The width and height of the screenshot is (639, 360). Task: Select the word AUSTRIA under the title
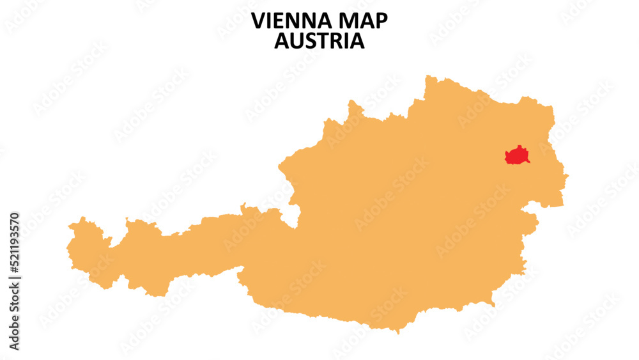pyautogui.click(x=319, y=41)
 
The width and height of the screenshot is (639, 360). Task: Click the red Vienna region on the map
pyautogui.click(x=517, y=155)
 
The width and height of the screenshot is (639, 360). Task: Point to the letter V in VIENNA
pyautogui.click(x=258, y=21)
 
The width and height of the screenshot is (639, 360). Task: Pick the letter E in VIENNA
pyautogui.click(x=279, y=21)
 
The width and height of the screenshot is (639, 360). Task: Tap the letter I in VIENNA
pyautogui.click(x=270, y=21)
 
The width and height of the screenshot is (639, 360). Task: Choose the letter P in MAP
pyautogui.click(x=381, y=21)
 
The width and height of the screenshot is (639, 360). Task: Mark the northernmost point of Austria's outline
pyautogui.click(x=426, y=76)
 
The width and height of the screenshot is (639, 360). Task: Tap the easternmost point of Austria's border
pyautogui.click(x=568, y=174)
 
